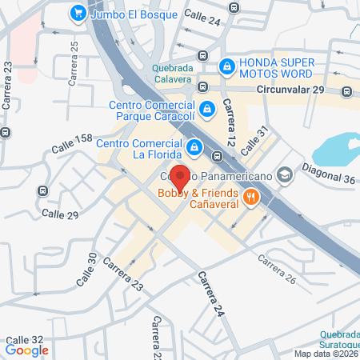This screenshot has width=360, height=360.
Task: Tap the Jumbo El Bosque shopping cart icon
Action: [78, 13]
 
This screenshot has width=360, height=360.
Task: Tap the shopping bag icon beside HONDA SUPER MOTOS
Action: [228, 64]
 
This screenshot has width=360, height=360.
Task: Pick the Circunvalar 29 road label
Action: [291, 90]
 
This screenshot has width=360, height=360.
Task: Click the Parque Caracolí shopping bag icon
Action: [206, 108]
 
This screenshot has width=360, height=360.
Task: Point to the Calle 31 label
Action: [251, 140]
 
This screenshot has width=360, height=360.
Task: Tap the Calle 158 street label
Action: [73, 144]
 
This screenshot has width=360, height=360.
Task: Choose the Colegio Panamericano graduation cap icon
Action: [283, 175]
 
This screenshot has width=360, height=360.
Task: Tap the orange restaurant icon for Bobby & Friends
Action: [250, 196]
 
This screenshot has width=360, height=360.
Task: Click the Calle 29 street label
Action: [59, 214]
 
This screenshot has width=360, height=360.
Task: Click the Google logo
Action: [27, 350]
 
